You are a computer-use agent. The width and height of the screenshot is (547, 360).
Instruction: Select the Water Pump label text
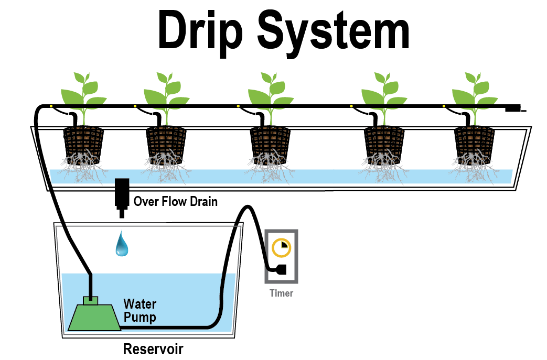[140, 310]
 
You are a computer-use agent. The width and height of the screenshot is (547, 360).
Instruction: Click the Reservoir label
[153, 348]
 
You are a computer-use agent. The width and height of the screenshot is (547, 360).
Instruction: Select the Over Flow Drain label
[175, 201]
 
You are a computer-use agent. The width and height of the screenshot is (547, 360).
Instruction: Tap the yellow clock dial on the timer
[282, 247]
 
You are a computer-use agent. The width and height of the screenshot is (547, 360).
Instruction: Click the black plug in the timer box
[278, 269]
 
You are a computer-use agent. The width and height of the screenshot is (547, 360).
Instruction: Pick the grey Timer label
[281, 293]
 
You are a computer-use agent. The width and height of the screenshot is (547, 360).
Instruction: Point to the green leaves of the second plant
[166, 92]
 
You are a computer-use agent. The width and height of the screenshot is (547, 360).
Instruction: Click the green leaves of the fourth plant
[384, 92]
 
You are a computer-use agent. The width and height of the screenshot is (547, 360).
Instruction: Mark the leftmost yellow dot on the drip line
[51, 107]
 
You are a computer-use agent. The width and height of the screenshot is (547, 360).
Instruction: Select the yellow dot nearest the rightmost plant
[444, 107]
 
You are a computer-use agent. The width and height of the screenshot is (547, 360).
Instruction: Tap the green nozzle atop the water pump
[91, 300]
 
